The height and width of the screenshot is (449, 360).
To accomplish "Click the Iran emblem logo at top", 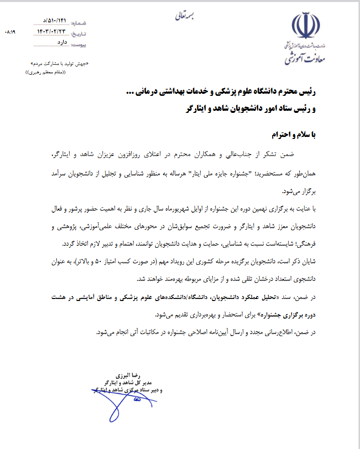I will coord(306,27).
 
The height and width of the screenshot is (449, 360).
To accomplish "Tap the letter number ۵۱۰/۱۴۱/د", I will coord(54,21).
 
